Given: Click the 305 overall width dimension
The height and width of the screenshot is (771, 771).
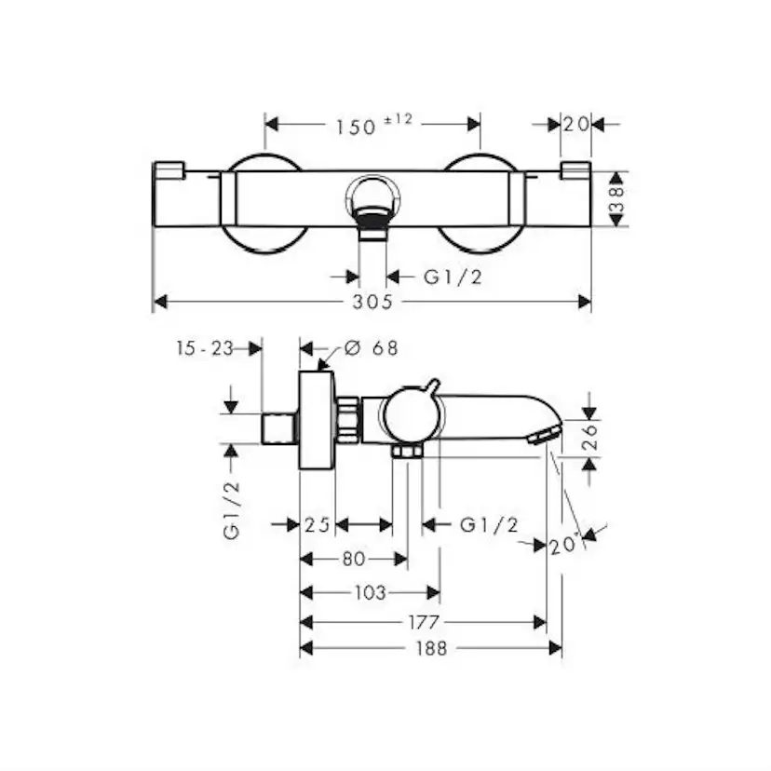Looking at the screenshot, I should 372,302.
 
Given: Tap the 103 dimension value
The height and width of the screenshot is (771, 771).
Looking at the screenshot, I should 371,592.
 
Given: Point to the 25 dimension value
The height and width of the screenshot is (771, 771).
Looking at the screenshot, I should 318,525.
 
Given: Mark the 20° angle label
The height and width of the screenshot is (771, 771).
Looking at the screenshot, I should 564,545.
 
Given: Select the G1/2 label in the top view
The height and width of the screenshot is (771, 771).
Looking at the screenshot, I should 453,277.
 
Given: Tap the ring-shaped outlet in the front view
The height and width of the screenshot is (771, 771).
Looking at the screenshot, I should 372,196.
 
